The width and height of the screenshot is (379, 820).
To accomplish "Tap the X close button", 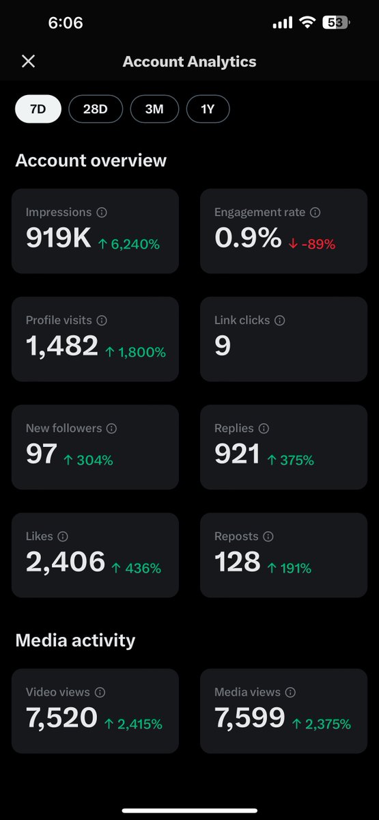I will coord(28,61).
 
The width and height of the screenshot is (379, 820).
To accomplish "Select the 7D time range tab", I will coord(38,109).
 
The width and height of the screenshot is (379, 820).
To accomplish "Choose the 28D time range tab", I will coord(95,109).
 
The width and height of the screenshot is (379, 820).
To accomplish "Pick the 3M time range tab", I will coord(154,109).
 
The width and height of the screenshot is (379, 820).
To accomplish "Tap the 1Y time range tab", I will coord(208,109).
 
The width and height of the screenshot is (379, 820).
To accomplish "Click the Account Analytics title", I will coord(189,61).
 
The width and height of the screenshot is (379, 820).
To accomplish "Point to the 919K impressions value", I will coord(58,238).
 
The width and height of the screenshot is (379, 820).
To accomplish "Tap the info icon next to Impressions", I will coord(102,213).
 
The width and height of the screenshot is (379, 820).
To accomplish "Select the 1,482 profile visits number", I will coord(62,346).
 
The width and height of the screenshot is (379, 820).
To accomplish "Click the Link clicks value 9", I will coord(223,346).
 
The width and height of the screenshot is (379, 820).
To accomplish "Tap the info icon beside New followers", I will coord(112,428).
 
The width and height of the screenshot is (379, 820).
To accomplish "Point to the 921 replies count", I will coord(237,454).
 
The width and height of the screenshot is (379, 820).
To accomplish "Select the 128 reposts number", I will coord(238,562).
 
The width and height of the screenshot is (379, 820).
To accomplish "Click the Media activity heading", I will coord(75,640).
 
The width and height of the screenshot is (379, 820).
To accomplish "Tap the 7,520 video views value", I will coord(62,717).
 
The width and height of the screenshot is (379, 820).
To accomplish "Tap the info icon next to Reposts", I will coord(268,536).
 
